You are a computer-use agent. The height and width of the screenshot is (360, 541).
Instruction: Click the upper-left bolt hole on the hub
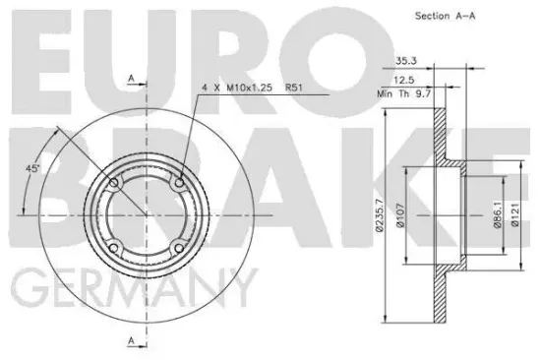[x=114, y=183]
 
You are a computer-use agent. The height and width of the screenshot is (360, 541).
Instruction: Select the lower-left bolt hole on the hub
[x=114, y=247]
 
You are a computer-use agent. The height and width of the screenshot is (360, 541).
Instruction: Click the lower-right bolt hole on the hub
[x=179, y=247]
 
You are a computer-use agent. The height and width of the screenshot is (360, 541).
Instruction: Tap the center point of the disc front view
[x=147, y=214]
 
